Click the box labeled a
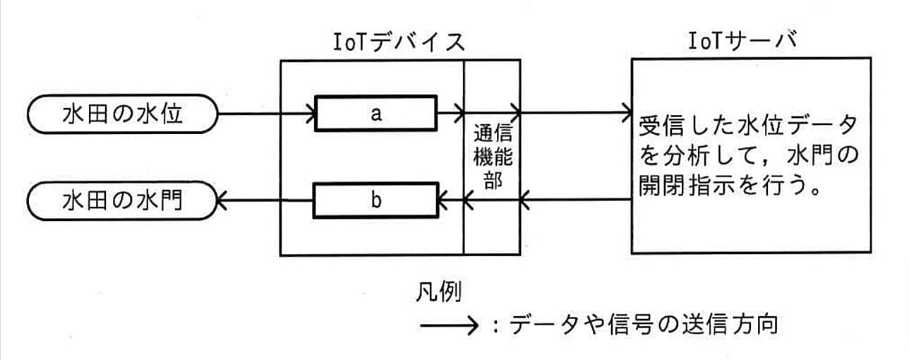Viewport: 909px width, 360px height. [375, 114]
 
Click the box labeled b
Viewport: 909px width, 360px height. [375, 200]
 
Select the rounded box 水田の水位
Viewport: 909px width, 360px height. [121, 114]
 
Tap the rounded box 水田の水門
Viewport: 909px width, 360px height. [121, 200]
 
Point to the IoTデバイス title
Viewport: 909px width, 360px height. [399, 42]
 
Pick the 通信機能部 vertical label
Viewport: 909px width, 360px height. [493, 156]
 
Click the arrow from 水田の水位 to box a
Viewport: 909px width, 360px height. [265, 112]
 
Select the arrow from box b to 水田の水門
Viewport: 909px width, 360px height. [265, 201]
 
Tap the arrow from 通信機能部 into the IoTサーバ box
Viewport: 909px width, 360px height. [575, 111]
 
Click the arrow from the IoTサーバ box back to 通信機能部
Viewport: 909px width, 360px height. [575, 201]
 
